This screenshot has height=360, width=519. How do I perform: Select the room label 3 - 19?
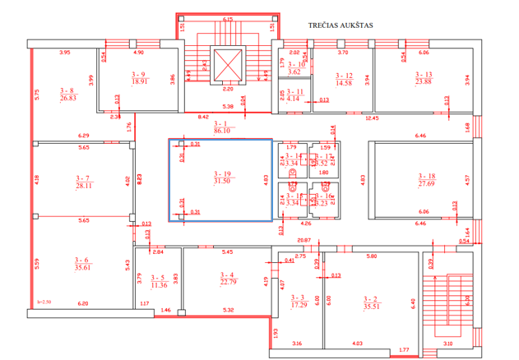(x=222, y=173)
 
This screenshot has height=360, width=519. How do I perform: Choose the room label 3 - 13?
(x=424, y=74)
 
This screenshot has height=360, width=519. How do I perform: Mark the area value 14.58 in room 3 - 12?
(x=344, y=83)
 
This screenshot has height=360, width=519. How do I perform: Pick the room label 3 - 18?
(x=425, y=175)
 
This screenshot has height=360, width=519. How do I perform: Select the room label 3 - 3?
(x=298, y=298)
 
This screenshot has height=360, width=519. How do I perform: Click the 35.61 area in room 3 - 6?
(x=83, y=266)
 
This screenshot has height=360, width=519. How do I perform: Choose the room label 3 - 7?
(x=83, y=178)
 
